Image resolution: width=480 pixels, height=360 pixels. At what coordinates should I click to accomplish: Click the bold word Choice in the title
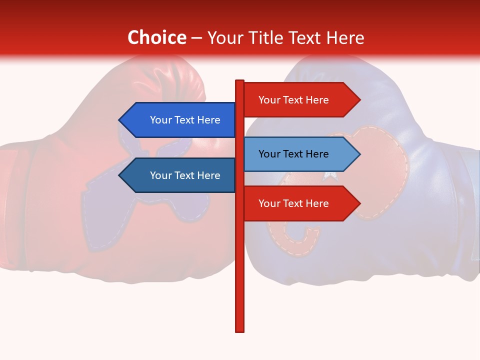pos(156,38)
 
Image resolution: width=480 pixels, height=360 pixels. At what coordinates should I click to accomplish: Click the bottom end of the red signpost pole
pos(240,330)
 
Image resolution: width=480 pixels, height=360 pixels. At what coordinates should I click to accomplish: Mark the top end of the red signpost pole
pos(240,81)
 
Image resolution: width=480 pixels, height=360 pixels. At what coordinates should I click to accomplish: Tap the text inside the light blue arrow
pos(293,154)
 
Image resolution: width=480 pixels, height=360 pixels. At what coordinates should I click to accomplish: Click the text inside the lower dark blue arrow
pos(185,175)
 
